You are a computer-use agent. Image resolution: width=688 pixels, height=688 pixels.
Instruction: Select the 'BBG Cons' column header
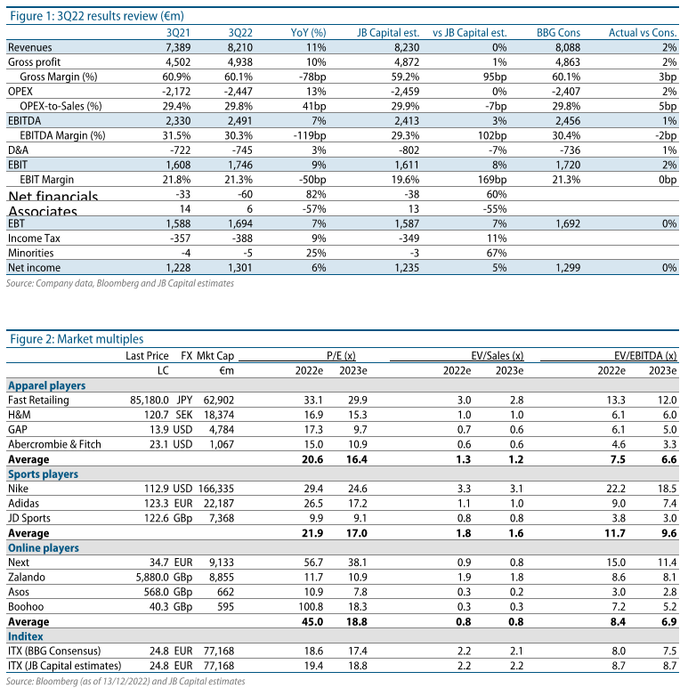pos(558,32)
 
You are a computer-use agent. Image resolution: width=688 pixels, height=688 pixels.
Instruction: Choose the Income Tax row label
pos(34,239)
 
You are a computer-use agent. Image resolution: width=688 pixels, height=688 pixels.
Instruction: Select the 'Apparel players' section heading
pos(47,386)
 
